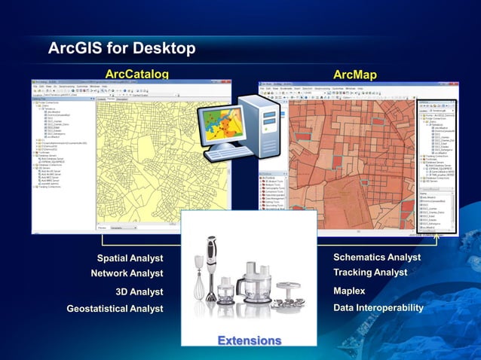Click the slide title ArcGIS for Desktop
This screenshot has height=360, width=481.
pyautogui.click(x=121, y=49)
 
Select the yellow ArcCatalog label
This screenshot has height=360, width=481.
pyautogui.click(x=136, y=74)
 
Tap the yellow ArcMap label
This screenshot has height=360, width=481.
pyautogui.click(x=354, y=74)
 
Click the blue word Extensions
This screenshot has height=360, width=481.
pyautogui.click(x=249, y=340)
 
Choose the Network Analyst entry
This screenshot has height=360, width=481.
pyautogui.click(x=127, y=273)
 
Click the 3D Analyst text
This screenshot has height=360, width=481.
pyautogui.click(x=139, y=291)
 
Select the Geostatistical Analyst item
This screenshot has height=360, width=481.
pyautogui.click(x=115, y=308)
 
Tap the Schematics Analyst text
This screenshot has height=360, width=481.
pyautogui.click(x=377, y=257)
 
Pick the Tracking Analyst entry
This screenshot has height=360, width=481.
pyautogui.click(x=370, y=272)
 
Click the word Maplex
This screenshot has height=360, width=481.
pyautogui.click(x=349, y=291)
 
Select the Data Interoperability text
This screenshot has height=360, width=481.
pyautogui.click(x=378, y=307)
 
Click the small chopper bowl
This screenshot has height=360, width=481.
pyautogui.click(x=225, y=288)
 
